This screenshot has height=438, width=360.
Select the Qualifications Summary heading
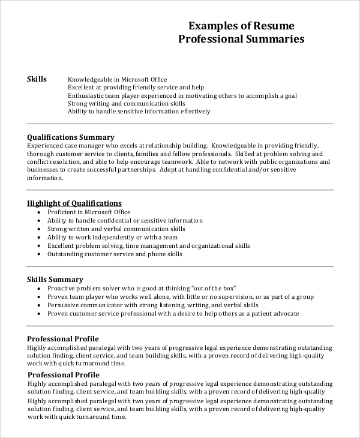pyautogui.click(x=71, y=137)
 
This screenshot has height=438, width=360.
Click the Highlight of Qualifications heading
pyautogui.click(x=75, y=203)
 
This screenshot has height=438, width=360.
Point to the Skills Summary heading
pyautogui.click(x=55, y=279)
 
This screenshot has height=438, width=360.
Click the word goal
pyautogui.click(x=290, y=95)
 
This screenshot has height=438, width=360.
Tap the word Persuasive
pyautogui.click(x=63, y=305)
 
